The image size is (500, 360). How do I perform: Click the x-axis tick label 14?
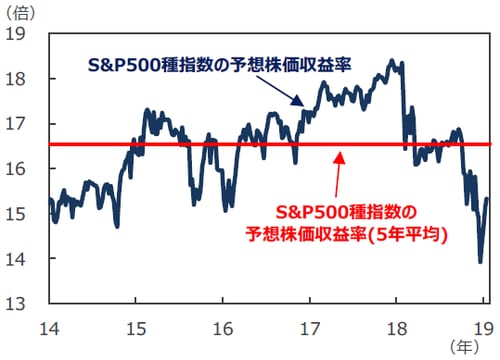(x=50, y=325)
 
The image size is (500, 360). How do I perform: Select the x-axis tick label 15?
(x=137, y=325)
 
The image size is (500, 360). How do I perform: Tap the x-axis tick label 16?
(x=224, y=325)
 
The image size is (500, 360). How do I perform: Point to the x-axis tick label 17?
(x=310, y=325)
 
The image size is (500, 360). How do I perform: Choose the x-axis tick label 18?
(x=397, y=325)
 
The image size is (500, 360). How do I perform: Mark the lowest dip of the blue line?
(x=480, y=262)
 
